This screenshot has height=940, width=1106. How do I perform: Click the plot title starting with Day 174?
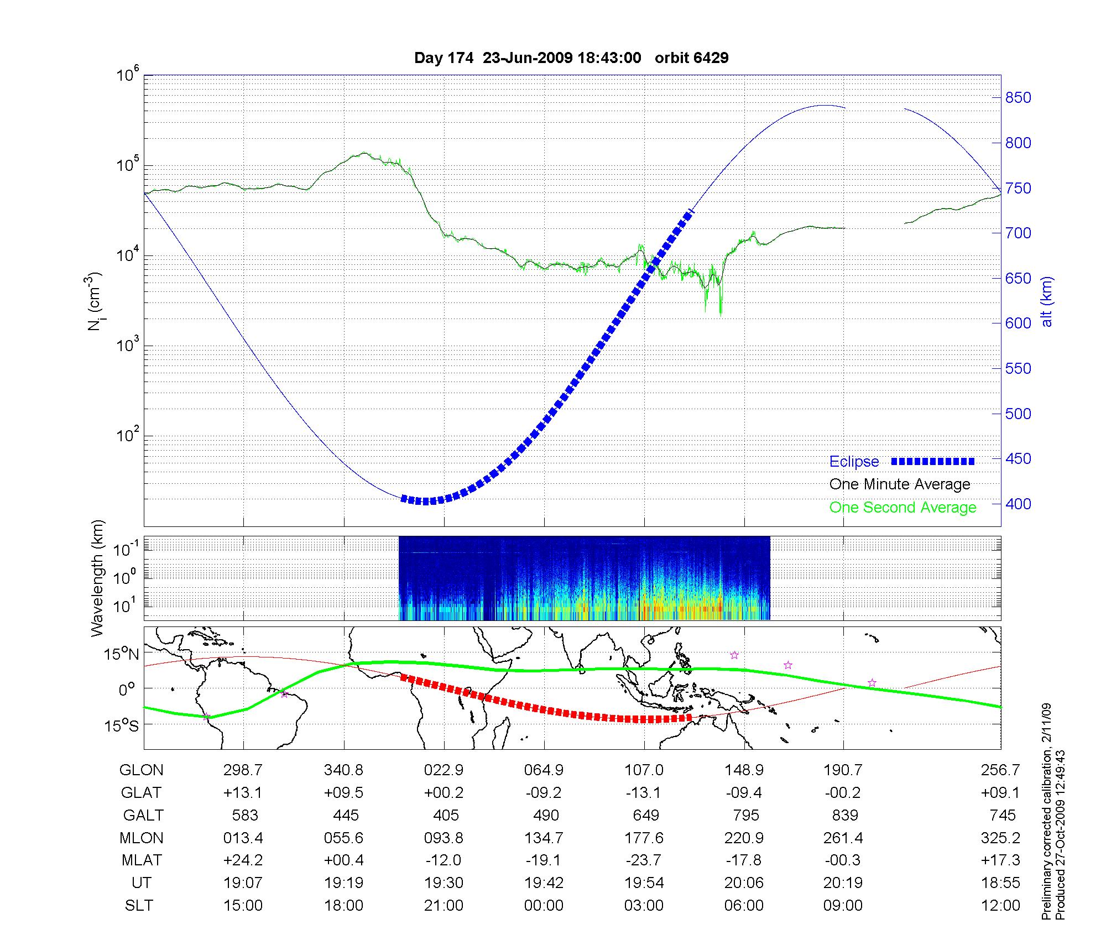pos(571,58)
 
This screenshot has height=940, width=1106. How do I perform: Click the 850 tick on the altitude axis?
pos(1018,98)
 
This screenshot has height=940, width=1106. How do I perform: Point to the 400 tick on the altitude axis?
pos(1018,504)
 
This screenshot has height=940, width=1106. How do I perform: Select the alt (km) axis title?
pos(1046,302)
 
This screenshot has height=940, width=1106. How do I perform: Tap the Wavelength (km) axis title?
pos(97,578)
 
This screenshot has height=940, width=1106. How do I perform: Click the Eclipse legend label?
pos(854,462)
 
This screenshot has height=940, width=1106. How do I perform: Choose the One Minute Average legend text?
pos(900,484)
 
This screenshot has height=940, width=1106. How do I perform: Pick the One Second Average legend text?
pos(902,508)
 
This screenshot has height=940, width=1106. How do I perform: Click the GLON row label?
pos(142,770)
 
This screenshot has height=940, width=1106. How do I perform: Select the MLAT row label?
pos(142,860)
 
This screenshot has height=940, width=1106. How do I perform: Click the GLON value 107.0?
pos(644,770)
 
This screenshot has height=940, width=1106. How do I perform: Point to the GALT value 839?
pos(844,816)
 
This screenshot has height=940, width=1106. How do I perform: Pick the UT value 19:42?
pos(544,883)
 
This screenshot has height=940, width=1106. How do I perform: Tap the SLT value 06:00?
pos(744,906)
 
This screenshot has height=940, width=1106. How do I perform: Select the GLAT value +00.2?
pos(444,793)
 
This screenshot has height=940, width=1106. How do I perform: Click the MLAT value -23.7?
pos(644,860)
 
